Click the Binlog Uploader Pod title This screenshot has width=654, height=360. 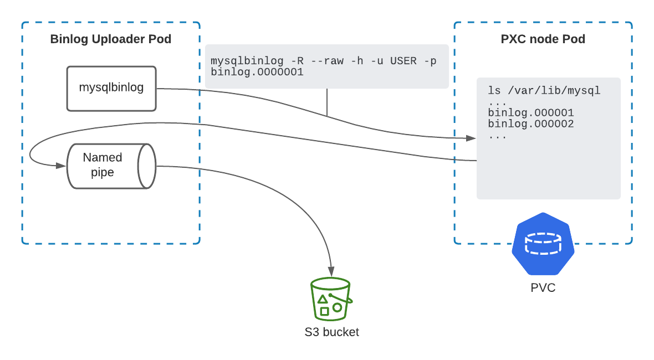click(x=110, y=39)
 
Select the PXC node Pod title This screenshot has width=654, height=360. click(x=543, y=39)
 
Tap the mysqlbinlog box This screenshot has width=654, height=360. click(x=111, y=88)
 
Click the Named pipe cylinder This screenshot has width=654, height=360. click(x=110, y=166)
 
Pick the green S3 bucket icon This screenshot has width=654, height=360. click(x=331, y=299)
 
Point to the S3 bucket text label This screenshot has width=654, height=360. click(x=331, y=332)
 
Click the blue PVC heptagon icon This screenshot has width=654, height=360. click(x=543, y=244)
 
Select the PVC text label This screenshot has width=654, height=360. click(x=543, y=288)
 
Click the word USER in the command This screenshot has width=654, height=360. click(x=403, y=61)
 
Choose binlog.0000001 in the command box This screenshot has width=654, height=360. click(x=257, y=71)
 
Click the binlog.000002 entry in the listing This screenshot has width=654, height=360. click(x=530, y=124)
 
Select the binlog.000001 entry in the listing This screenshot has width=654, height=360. click(x=530, y=112)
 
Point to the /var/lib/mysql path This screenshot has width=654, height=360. click(x=554, y=90)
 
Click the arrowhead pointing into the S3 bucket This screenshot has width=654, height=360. click(x=331, y=273)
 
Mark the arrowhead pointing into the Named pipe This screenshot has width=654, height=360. click(x=62, y=165)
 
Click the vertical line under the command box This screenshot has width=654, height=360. click(x=327, y=102)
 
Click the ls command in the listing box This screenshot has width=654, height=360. click(x=494, y=90)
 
